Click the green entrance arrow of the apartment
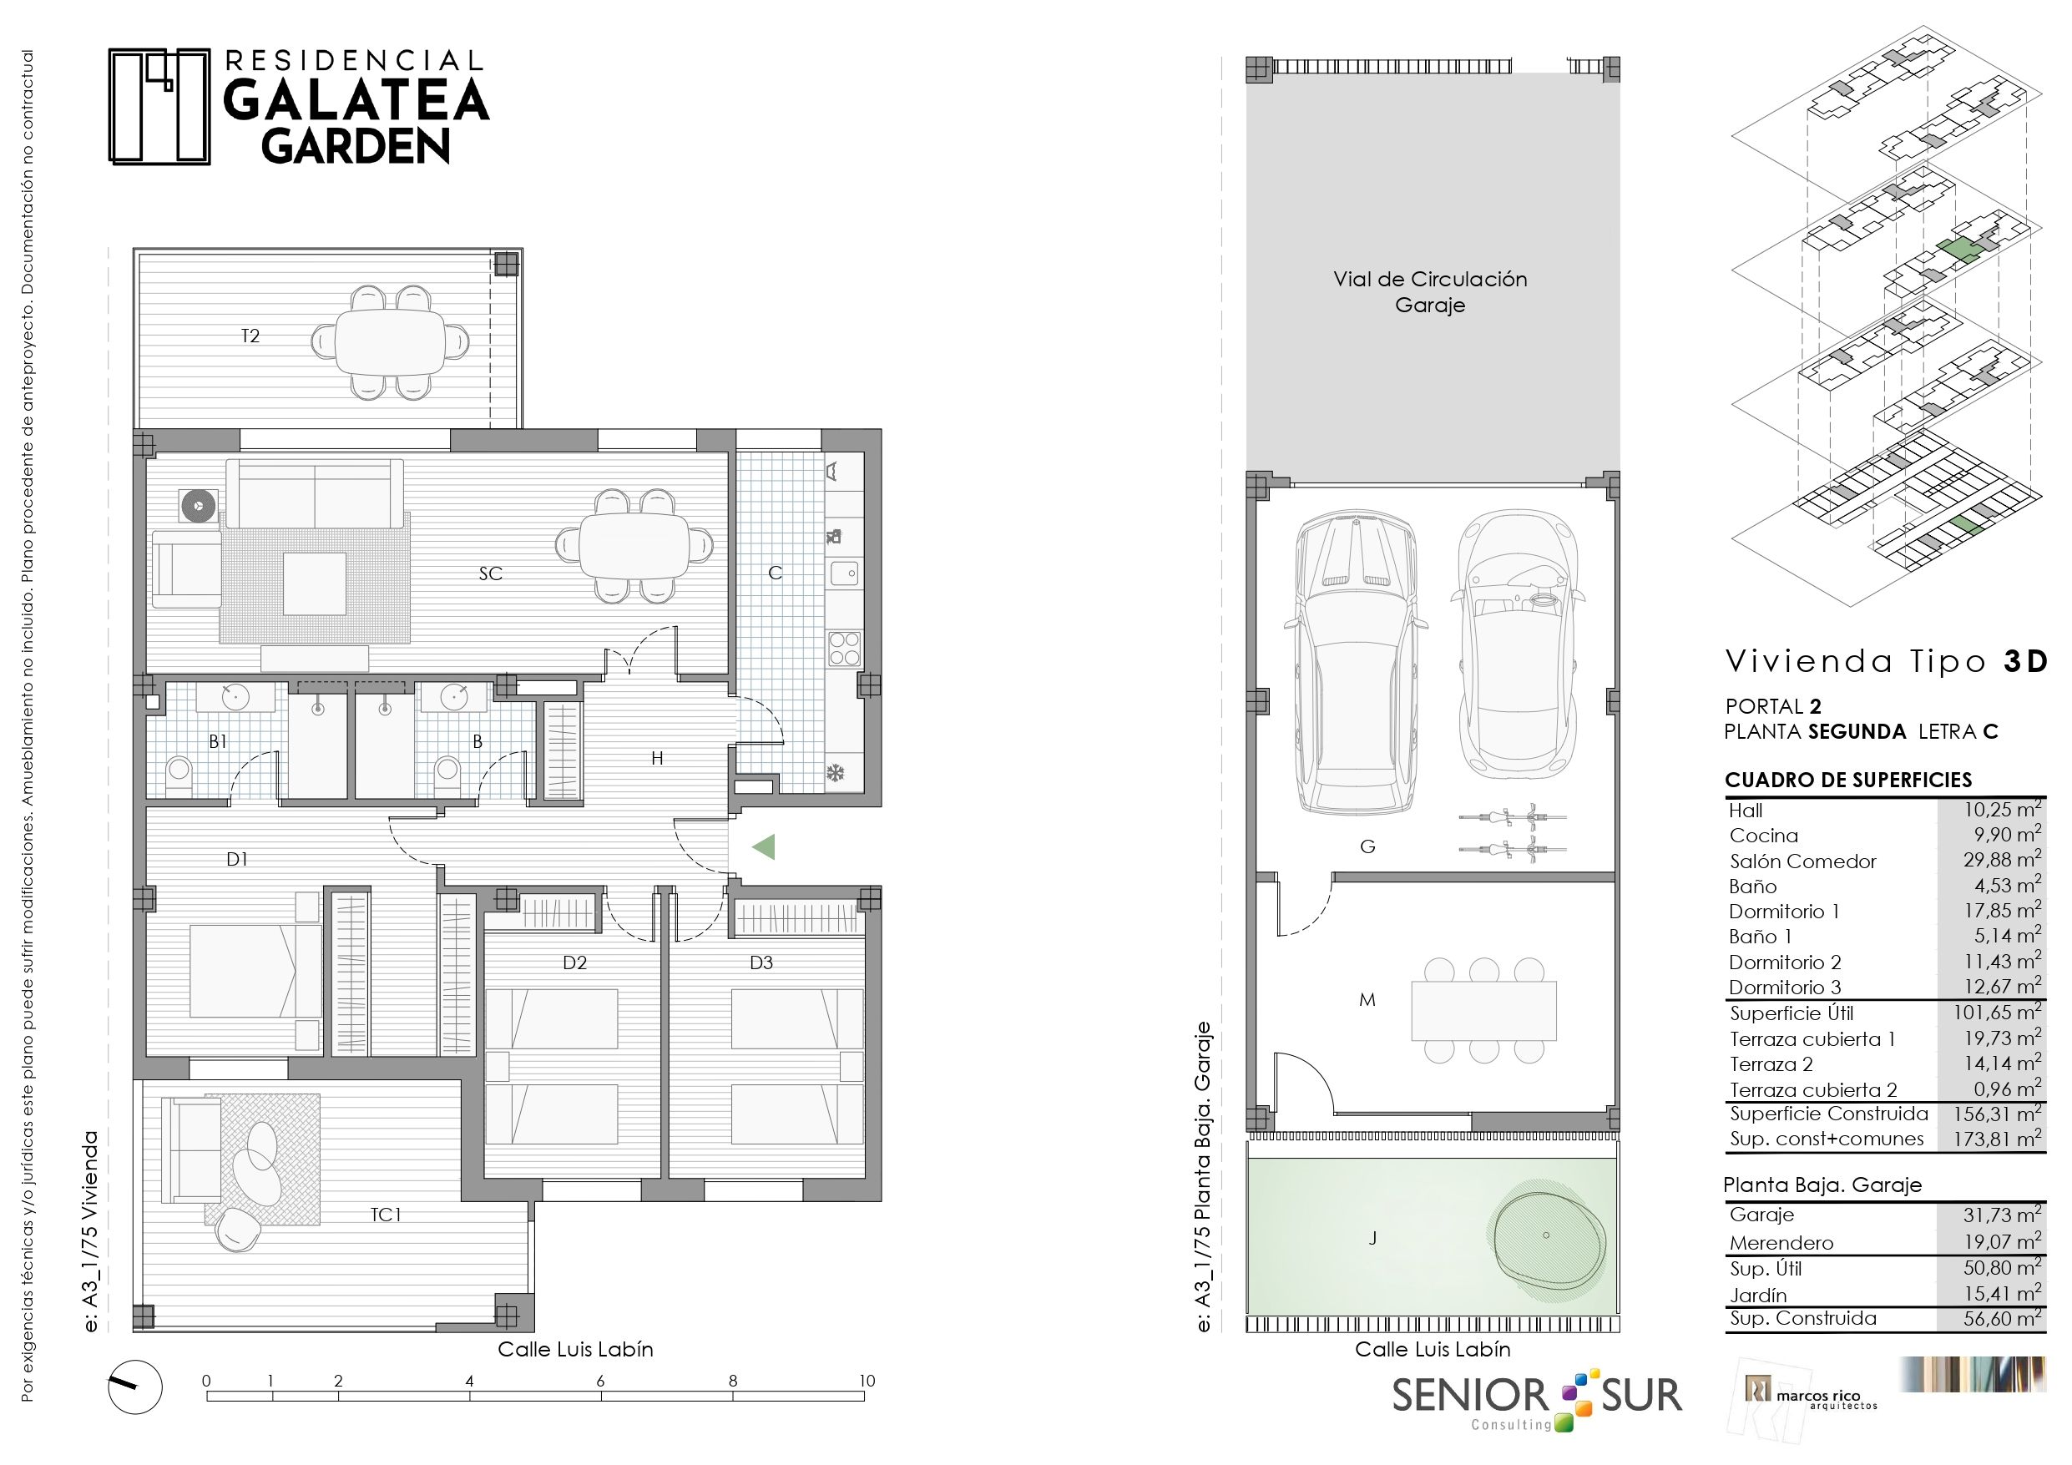[x=765, y=846]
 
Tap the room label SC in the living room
[x=490, y=573]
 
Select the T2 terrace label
[x=250, y=336]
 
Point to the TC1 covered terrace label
[x=386, y=1215]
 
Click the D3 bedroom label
[x=761, y=963]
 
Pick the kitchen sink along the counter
[x=845, y=573]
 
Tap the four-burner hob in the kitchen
[x=845, y=648]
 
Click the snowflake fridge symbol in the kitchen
[x=836, y=774]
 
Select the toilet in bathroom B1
[x=179, y=776]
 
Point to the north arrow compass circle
[x=135, y=1387]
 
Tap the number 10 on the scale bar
[x=867, y=1380]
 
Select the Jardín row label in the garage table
[x=1758, y=1296]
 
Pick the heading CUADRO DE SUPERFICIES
[x=1848, y=780]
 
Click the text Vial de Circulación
[x=1430, y=280]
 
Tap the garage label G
[x=1367, y=846]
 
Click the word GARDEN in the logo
[x=356, y=146]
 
